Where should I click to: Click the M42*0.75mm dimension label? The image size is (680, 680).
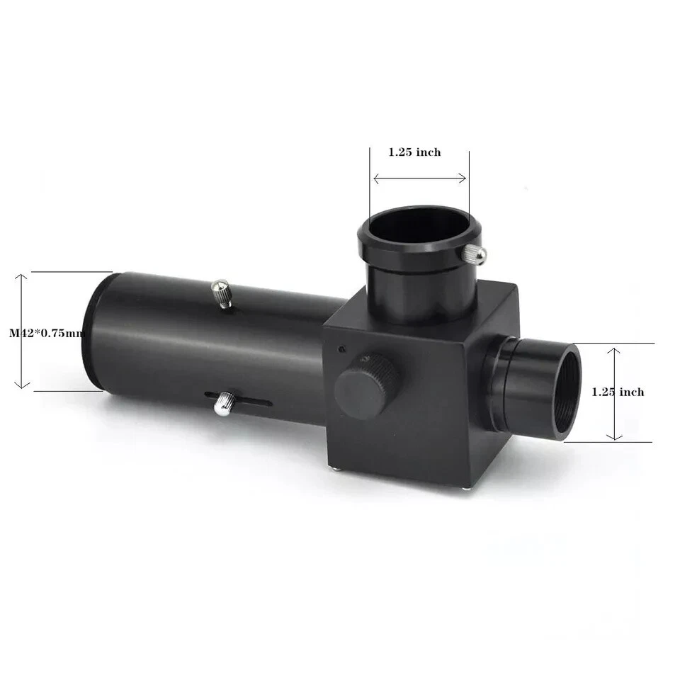(47, 333)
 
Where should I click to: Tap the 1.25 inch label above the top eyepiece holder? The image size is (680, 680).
(414, 152)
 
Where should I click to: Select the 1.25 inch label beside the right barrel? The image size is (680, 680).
(618, 392)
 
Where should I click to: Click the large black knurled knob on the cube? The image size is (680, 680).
(366, 386)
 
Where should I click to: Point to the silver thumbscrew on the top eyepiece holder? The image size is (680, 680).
(474, 254)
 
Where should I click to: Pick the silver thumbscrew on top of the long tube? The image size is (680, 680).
(222, 293)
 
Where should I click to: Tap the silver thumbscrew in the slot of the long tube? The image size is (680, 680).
(225, 403)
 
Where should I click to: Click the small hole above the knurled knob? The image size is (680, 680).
(342, 348)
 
